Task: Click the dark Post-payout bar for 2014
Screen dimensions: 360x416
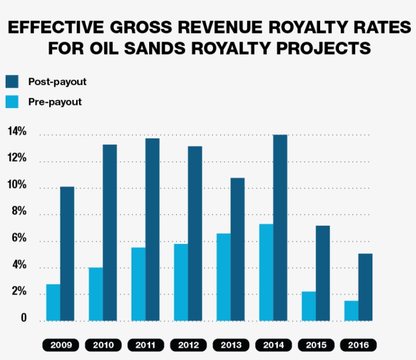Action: click(x=280, y=228)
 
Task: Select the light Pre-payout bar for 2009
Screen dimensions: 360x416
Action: click(x=53, y=302)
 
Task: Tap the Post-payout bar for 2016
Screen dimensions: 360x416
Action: click(x=365, y=287)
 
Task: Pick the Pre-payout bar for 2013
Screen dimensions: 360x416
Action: click(x=224, y=277)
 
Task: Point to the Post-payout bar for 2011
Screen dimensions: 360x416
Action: click(x=152, y=229)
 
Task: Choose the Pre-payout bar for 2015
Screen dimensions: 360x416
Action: click(x=308, y=306)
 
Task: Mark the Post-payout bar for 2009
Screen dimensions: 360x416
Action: click(x=67, y=254)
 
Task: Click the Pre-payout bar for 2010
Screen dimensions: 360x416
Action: click(x=96, y=294)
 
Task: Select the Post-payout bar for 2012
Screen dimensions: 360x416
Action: click(x=195, y=233)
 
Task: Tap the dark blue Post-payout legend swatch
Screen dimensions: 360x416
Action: click(x=12, y=82)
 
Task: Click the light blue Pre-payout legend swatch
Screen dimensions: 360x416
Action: click(x=12, y=101)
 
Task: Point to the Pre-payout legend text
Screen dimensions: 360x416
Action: click(x=55, y=102)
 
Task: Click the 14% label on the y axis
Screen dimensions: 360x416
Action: click(x=17, y=132)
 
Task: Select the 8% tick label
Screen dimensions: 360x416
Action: click(x=17, y=211)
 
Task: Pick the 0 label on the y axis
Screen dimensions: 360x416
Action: click(x=23, y=318)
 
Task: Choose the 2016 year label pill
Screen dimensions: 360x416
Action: click(x=358, y=346)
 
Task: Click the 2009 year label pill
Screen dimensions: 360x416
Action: click(x=60, y=346)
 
